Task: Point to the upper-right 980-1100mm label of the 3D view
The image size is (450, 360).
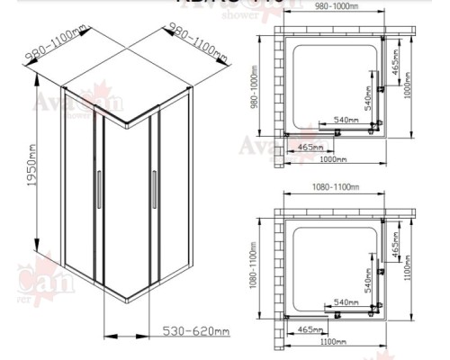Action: (199, 42)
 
